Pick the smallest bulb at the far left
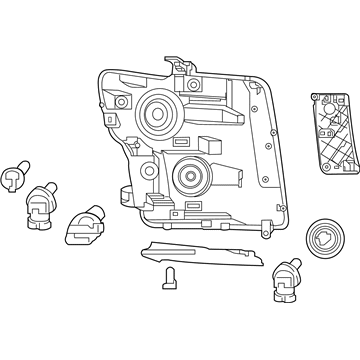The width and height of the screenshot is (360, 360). pyautogui.click(x=13, y=178)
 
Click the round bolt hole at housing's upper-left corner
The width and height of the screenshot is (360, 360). pyautogui.click(x=121, y=102)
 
